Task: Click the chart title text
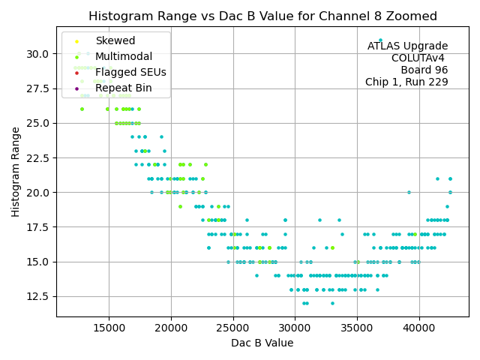(262, 16)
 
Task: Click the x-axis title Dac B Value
(262, 343)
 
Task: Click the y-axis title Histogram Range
(16, 172)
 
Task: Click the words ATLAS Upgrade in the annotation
(407, 46)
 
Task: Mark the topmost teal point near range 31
(380, 40)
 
